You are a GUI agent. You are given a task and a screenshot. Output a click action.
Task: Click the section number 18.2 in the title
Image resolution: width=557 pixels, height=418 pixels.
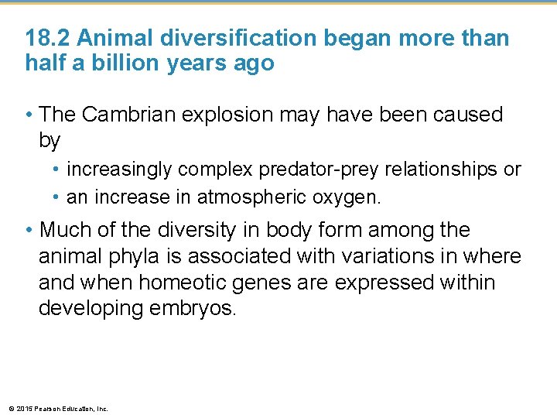coord(49,39)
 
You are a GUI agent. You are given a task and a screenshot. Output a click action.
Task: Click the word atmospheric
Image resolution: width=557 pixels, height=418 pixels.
coord(252,197)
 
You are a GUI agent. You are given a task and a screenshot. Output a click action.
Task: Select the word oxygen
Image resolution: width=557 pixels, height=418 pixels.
coord(347,197)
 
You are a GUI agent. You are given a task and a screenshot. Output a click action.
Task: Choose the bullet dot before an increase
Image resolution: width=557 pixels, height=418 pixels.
coord(57,198)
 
